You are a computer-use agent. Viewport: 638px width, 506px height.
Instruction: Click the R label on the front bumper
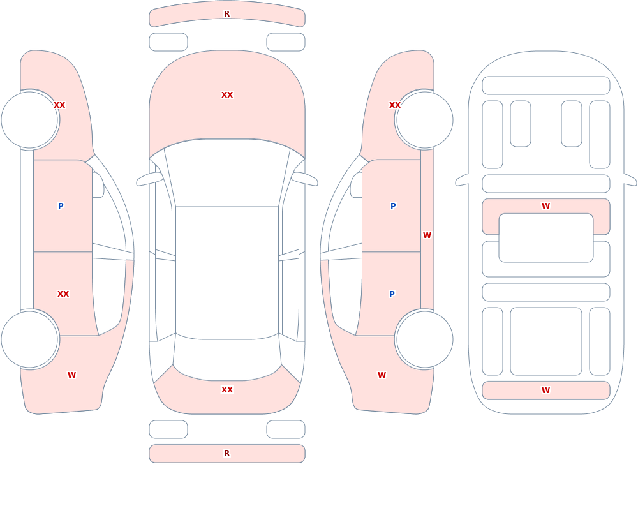[x=226, y=14]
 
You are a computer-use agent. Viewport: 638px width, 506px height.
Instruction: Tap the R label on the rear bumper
[x=226, y=454]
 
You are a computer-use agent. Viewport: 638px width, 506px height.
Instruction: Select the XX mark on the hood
[x=227, y=95]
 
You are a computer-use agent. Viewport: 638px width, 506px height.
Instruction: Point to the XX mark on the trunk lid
[x=227, y=390]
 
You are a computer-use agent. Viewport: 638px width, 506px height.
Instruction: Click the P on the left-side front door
[x=61, y=205]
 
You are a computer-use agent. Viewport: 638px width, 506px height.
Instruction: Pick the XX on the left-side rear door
[x=63, y=294]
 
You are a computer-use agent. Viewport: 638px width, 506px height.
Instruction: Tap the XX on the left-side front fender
[x=59, y=105]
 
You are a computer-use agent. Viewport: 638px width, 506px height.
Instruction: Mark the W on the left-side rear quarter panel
[x=71, y=375]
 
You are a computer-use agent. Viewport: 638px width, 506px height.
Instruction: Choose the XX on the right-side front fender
[x=395, y=105]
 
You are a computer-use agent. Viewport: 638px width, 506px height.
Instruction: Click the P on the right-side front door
[x=393, y=205]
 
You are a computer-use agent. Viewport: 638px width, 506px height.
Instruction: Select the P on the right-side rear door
[x=392, y=294]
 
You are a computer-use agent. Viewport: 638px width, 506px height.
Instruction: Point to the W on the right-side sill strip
[x=427, y=235]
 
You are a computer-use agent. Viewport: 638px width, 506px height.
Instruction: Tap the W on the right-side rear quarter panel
[x=382, y=375]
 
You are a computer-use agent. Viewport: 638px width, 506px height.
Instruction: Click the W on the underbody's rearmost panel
[x=545, y=391]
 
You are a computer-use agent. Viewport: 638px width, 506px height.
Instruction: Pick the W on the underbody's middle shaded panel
[x=545, y=206]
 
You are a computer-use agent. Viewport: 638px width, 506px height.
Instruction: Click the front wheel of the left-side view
[x=30, y=120]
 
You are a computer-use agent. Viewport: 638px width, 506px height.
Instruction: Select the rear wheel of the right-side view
[x=424, y=339]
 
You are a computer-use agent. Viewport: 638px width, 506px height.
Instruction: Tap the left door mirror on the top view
[x=149, y=179]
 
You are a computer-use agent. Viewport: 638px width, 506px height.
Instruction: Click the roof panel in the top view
[x=227, y=272]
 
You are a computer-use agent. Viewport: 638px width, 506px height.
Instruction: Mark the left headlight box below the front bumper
[x=168, y=42]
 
